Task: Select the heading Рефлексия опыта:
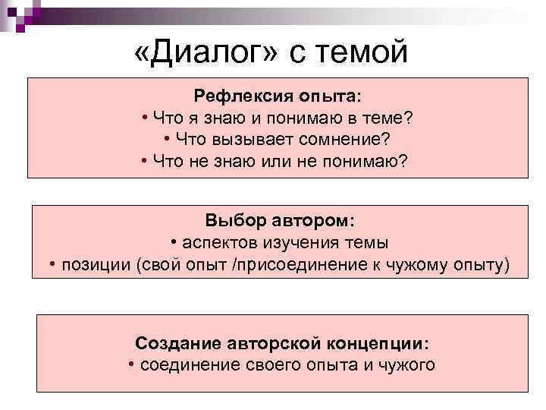click(278, 96)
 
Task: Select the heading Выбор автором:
click(278, 221)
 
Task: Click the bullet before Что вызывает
click(166, 139)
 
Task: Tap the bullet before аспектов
click(174, 242)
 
